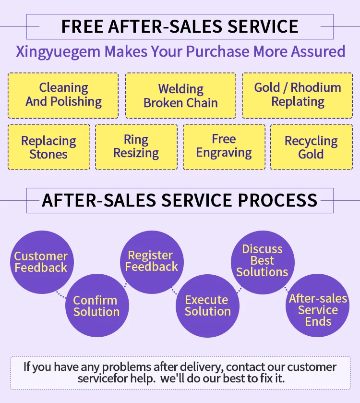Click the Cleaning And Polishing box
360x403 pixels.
[63, 95]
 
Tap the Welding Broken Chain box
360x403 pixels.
[180, 96]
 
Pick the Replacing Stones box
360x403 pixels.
[48, 147]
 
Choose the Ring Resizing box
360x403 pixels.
[136, 147]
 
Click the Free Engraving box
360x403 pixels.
[224, 147]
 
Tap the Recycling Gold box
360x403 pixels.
[311, 147]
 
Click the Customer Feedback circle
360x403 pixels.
[41, 262]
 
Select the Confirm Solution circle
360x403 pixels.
[96, 306]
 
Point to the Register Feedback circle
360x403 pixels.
[151, 261]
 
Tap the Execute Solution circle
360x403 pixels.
[207, 306]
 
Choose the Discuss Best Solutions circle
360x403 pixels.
[262, 260]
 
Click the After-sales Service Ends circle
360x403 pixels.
[318, 310]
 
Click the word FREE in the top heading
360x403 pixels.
[82, 26]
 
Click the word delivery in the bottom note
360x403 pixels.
[199, 367]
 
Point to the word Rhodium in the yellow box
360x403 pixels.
[316, 87]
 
